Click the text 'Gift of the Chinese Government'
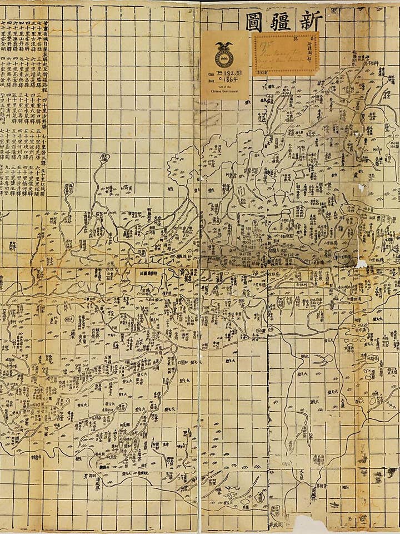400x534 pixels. pos(225,92)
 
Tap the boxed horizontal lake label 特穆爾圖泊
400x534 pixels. pos(151,274)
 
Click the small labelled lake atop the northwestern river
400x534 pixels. pos(104,158)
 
